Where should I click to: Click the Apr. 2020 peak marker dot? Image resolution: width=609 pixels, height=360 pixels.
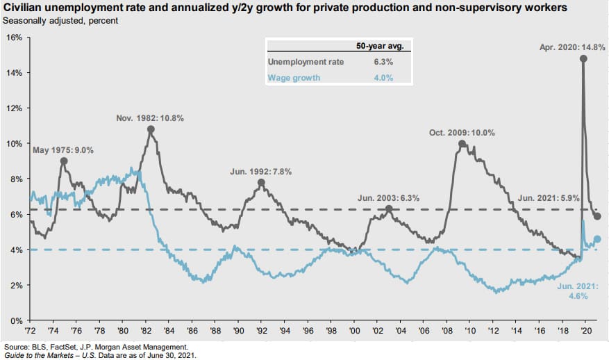click(583, 58)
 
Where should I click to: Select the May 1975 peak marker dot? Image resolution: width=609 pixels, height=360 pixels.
click(64, 161)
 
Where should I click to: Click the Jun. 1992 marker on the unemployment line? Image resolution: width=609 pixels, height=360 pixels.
click(261, 183)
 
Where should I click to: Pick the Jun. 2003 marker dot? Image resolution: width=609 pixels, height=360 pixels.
click(389, 208)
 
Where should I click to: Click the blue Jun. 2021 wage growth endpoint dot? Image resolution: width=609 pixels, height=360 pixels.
click(598, 239)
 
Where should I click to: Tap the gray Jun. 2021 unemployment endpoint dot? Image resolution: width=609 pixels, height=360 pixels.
click(598, 216)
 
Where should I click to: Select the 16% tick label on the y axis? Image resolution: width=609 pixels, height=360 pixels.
click(14, 37)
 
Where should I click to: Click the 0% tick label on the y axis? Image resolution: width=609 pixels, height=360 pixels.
click(16, 321)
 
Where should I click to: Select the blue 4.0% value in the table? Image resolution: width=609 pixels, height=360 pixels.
click(384, 78)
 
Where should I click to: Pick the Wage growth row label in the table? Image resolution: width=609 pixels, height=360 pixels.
click(294, 78)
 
